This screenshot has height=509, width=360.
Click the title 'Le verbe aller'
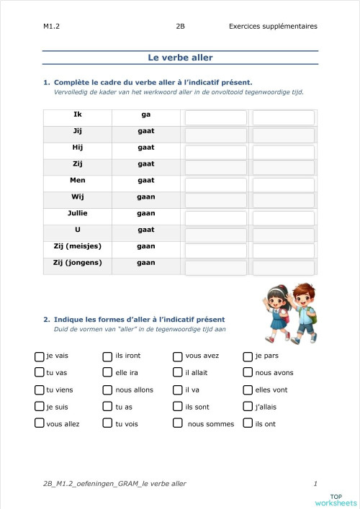coord(180,58)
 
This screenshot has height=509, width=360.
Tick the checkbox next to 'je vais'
coord(40,356)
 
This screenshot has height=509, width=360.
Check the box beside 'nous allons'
coord(109,389)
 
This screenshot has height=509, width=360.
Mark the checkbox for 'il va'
coord(178,389)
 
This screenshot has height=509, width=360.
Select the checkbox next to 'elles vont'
coord(248,389)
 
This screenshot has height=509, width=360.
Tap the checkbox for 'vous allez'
coord(40,423)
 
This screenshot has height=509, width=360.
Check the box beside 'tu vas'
coord(40,372)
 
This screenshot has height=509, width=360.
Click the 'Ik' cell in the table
coord(78,114)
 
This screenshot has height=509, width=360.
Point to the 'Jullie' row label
coord(78,214)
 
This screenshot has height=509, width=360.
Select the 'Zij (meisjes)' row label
coord(78,246)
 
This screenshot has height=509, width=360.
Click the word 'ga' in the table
coord(146,114)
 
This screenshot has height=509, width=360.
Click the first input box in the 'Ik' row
coord(215,117)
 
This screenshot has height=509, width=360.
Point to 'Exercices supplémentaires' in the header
coord(272,27)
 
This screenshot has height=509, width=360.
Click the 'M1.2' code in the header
coord(51,27)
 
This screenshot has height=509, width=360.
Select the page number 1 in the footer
coord(315,483)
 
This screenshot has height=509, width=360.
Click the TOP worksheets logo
coord(336,499)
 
